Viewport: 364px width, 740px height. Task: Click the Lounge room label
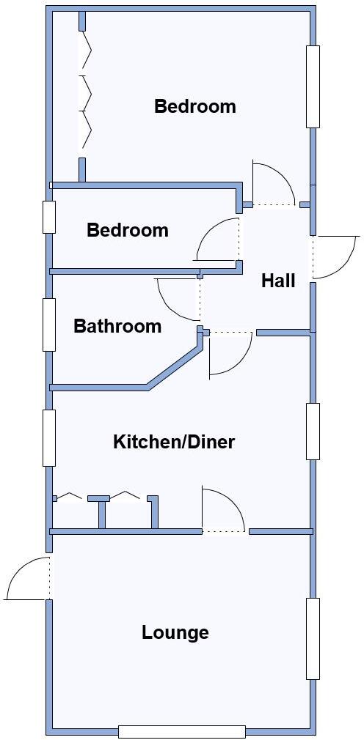pos(175,632)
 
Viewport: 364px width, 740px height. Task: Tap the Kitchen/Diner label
pos(174,442)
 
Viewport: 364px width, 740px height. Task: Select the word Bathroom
pos(117,326)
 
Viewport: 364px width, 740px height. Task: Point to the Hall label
pos(278,281)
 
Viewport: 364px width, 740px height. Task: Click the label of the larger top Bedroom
pos(195,106)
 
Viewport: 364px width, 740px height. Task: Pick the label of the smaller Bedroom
pos(128,230)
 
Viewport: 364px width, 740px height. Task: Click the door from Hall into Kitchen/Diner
pos(230,353)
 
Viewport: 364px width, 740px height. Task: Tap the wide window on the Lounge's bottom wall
pos(182,731)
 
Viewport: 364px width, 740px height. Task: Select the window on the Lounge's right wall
pos(313,638)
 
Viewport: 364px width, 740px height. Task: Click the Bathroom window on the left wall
pos(49,325)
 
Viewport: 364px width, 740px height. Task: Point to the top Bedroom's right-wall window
pos(313,86)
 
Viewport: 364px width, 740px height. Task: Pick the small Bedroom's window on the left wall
pos(49,217)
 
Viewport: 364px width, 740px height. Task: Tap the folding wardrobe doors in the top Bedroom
pos(85,93)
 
